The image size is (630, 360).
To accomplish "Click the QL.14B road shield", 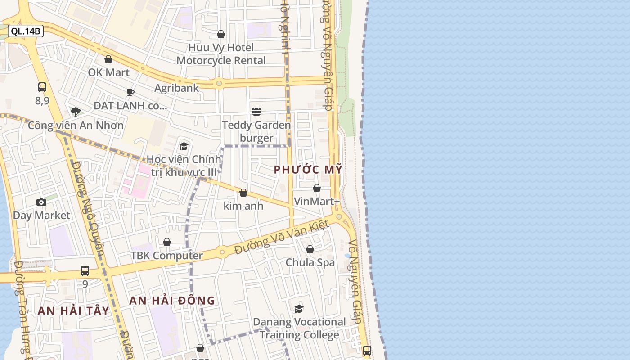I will click(26, 31).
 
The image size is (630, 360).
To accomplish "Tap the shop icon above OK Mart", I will click(108, 59).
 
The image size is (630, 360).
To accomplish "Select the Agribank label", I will click(176, 88).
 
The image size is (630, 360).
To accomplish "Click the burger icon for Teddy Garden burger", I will click(256, 111).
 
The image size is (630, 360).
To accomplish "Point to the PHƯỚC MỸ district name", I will click(308, 170).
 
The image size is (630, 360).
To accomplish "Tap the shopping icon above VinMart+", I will click(317, 188).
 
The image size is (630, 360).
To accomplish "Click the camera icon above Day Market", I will click(41, 202).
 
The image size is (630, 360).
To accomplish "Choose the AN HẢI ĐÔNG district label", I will click(172, 301).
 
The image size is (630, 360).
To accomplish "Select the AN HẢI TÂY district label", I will click(73, 310).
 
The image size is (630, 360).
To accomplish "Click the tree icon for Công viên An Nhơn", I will click(76, 112).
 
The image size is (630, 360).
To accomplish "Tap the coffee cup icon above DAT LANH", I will click(130, 92).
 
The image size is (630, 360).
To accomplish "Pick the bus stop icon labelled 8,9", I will click(42, 87).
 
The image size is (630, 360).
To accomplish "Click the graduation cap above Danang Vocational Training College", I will click(299, 309).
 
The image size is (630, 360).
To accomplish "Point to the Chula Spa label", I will click(310, 262).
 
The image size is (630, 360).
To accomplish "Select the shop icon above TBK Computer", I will click(167, 242).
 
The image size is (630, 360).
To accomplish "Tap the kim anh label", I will click(243, 206).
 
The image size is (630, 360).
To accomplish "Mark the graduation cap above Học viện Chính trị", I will click(184, 146).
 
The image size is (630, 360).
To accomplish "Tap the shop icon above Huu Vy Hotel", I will click(221, 34).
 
